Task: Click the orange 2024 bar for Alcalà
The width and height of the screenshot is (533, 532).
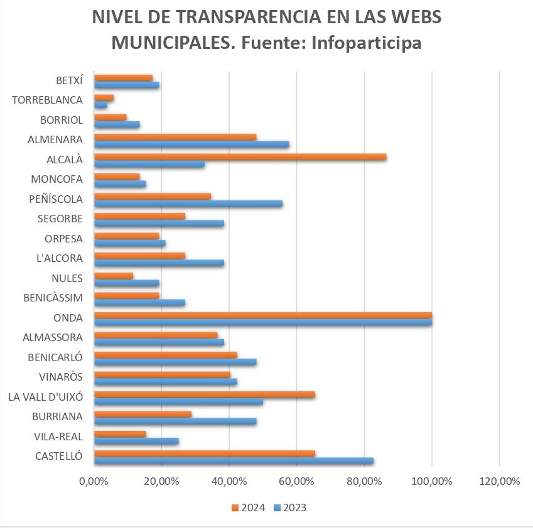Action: (x=240, y=157)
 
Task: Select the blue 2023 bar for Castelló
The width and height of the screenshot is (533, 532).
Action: (x=234, y=461)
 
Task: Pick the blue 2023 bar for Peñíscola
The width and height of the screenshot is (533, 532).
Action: (x=188, y=204)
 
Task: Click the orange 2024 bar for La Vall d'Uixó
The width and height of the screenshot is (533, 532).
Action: (x=204, y=394)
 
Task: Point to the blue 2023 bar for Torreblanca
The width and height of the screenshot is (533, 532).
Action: (x=100, y=105)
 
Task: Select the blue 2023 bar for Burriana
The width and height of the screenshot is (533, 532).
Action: (x=175, y=421)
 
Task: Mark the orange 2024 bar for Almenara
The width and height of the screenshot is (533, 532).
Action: (x=175, y=137)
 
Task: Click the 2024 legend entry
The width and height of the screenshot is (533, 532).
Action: (x=249, y=508)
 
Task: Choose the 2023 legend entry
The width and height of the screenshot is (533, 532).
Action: (x=290, y=508)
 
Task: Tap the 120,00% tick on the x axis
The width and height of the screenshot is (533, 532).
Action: (x=499, y=482)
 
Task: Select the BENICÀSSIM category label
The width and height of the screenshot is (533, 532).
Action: (x=54, y=297)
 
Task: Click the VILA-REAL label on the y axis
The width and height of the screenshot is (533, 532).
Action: (x=60, y=436)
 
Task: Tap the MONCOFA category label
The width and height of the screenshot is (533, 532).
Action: (x=57, y=179)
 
